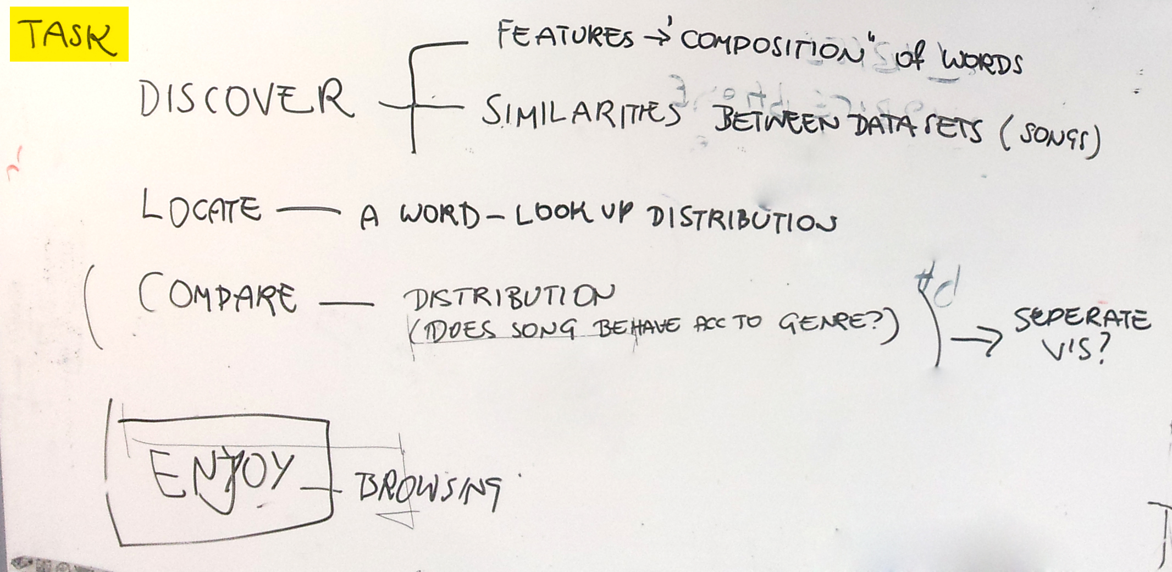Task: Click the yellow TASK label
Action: [69, 34]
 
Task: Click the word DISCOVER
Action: [246, 99]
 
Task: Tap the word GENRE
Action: [827, 322]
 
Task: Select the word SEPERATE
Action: [1081, 319]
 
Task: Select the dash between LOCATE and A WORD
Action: [308, 210]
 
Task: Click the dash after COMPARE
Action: [346, 302]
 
